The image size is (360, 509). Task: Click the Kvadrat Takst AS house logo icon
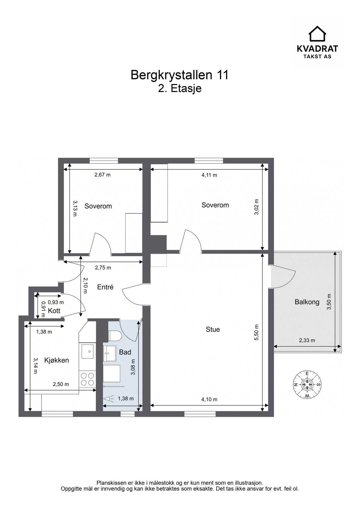317,34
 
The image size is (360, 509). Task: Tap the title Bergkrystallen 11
180,75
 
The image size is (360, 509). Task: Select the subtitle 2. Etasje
180,89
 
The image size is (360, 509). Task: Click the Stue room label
213,329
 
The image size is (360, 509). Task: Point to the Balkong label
307,302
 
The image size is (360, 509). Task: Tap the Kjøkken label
57,360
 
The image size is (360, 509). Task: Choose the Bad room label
125,352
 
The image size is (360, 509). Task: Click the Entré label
105,287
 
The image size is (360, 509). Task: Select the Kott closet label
54,311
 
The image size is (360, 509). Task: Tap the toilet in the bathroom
115,336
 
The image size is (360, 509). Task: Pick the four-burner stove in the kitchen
87,379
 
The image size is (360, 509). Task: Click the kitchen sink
87,351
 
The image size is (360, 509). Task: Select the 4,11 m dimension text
209,175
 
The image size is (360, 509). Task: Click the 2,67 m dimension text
102,175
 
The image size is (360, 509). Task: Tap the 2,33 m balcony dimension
307,340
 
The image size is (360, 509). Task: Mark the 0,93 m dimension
56,302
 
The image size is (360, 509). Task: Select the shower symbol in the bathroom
109,399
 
